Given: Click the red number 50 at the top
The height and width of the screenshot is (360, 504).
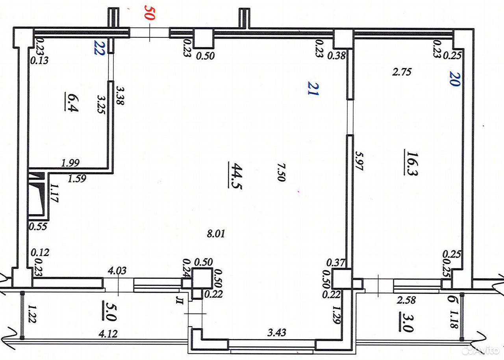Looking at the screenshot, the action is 150,13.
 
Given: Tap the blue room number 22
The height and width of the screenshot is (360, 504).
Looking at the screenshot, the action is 99,48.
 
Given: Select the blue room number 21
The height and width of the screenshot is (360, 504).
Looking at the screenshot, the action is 313,88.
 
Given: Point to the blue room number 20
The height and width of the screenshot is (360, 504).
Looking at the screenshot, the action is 455,78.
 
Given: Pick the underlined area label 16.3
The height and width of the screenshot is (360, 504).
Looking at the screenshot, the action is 411,162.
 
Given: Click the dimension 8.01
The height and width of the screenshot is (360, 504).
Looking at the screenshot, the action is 216,234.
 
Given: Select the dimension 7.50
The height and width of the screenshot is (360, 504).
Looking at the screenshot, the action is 281,173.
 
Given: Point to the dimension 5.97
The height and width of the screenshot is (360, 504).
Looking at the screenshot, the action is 359,161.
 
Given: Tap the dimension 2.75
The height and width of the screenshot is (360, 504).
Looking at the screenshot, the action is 402,72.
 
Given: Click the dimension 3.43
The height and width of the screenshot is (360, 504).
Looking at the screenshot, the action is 277,332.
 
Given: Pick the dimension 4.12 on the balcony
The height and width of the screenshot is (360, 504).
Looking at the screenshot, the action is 108,334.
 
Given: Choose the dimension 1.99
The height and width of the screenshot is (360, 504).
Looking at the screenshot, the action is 70,163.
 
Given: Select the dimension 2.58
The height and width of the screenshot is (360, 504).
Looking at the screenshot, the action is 406,300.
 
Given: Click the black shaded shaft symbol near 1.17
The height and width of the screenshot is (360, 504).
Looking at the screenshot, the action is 37,193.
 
